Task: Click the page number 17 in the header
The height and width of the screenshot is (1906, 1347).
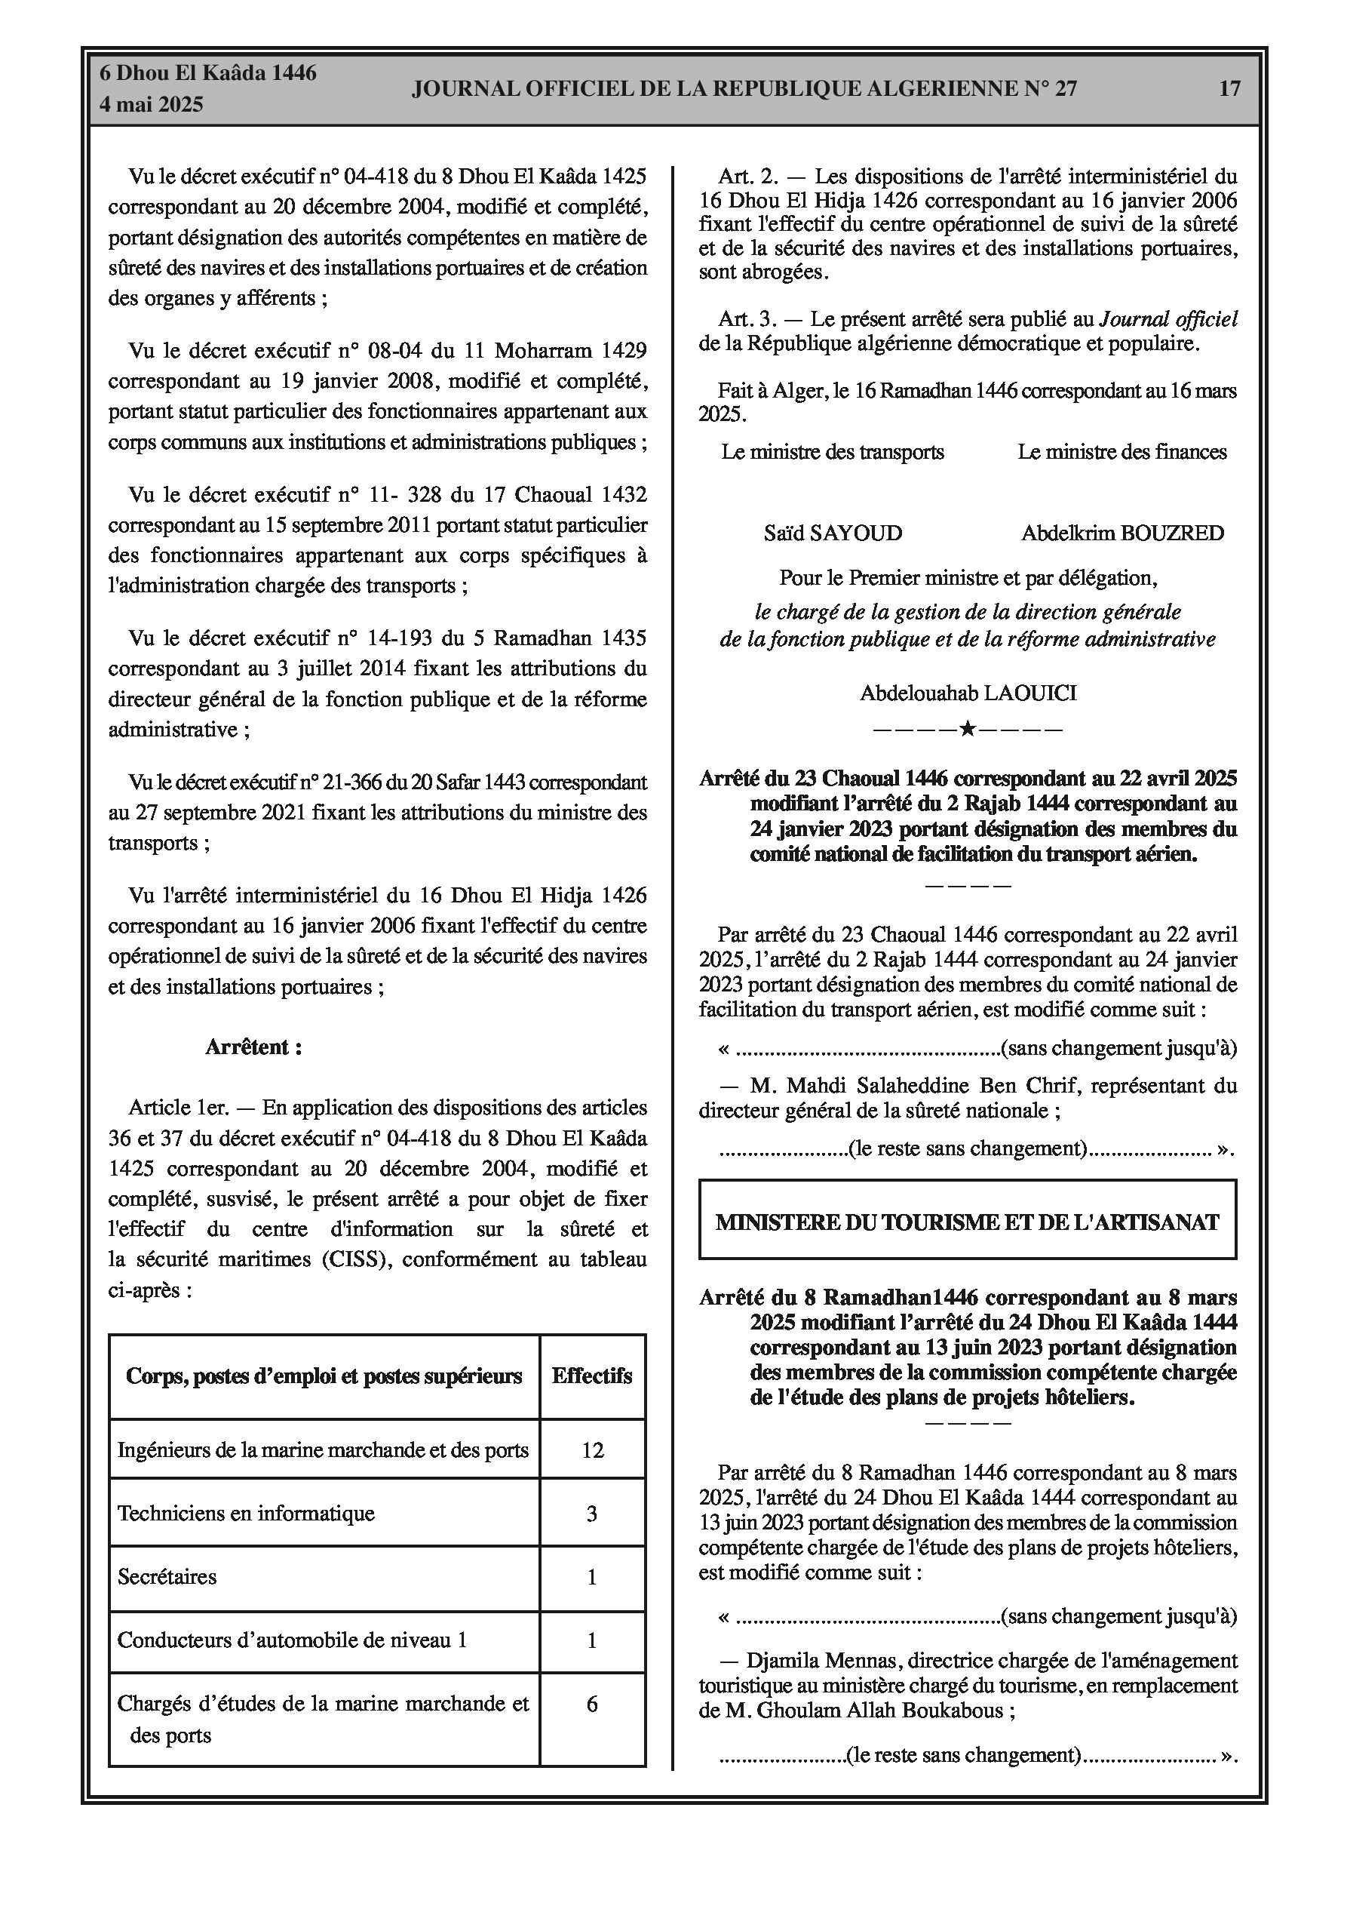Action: (x=1229, y=88)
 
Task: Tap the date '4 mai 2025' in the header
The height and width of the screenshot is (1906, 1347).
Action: (x=151, y=105)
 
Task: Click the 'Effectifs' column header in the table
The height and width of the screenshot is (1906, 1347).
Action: (x=592, y=1376)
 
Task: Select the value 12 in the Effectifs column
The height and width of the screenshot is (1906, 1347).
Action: (x=592, y=1450)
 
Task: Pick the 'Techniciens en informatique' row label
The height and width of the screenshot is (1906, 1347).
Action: (x=246, y=1514)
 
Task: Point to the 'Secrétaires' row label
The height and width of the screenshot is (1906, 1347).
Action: (x=167, y=1576)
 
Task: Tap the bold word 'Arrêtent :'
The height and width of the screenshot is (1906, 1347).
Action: (x=253, y=1047)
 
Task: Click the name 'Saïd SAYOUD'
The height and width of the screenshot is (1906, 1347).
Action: (x=833, y=533)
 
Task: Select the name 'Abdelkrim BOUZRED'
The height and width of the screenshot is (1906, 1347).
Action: (x=1122, y=533)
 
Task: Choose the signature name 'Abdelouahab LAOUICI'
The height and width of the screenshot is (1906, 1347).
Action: (x=968, y=693)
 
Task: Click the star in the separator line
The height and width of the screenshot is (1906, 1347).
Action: (x=968, y=730)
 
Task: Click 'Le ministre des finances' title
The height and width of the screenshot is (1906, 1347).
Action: (x=1122, y=453)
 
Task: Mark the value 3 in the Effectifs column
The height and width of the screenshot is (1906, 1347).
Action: (x=592, y=1514)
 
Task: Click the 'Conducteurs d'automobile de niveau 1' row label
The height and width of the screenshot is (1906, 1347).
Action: (x=292, y=1640)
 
